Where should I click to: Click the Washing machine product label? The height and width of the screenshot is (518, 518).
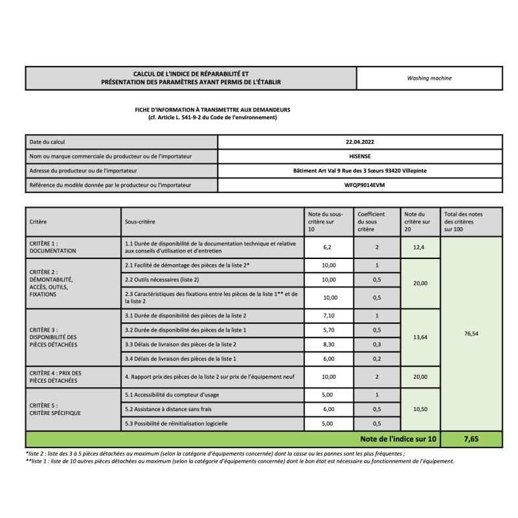(x=429, y=78)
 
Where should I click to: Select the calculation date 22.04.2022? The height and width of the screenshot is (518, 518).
(x=360, y=142)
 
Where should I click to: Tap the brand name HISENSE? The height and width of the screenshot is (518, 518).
(x=360, y=156)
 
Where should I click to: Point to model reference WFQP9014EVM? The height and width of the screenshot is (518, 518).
(x=360, y=185)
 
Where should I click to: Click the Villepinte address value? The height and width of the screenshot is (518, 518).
(x=360, y=171)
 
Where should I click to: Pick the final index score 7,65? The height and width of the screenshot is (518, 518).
(x=471, y=439)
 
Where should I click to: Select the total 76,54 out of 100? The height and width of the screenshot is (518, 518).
(x=471, y=333)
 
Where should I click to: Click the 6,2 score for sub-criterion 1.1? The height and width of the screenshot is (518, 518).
(x=329, y=247)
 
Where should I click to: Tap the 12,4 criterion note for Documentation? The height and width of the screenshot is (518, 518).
(x=420, y=247)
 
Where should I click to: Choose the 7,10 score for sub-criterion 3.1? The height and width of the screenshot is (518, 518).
(x=330, y=315)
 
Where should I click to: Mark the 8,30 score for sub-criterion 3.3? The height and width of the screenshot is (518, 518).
(x=330, y=344)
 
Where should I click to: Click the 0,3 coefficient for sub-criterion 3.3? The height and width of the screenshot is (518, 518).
(x=377, y=344)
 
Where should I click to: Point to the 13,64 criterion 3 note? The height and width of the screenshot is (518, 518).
(x=420, y=337)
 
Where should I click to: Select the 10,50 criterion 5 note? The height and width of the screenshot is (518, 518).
(x=420, y=409)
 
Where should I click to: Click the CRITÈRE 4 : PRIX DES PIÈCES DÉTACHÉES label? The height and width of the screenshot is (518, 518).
(x=56, y=377)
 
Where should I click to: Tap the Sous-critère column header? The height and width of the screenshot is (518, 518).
(x=139, y=221)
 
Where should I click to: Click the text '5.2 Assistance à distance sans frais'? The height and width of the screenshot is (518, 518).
(x=168, y=409)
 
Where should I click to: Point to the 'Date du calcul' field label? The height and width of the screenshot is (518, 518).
(x=47, y=142)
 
